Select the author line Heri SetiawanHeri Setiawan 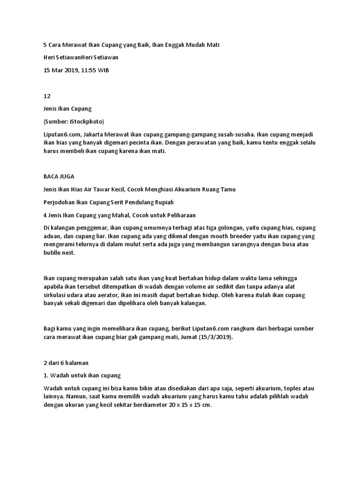pos(81,57)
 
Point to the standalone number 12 pos(46,96)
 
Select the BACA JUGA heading pos(59,177)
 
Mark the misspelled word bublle pos(51,253)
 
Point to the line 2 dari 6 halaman pos(66,362)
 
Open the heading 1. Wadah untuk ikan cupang pos(82,375)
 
